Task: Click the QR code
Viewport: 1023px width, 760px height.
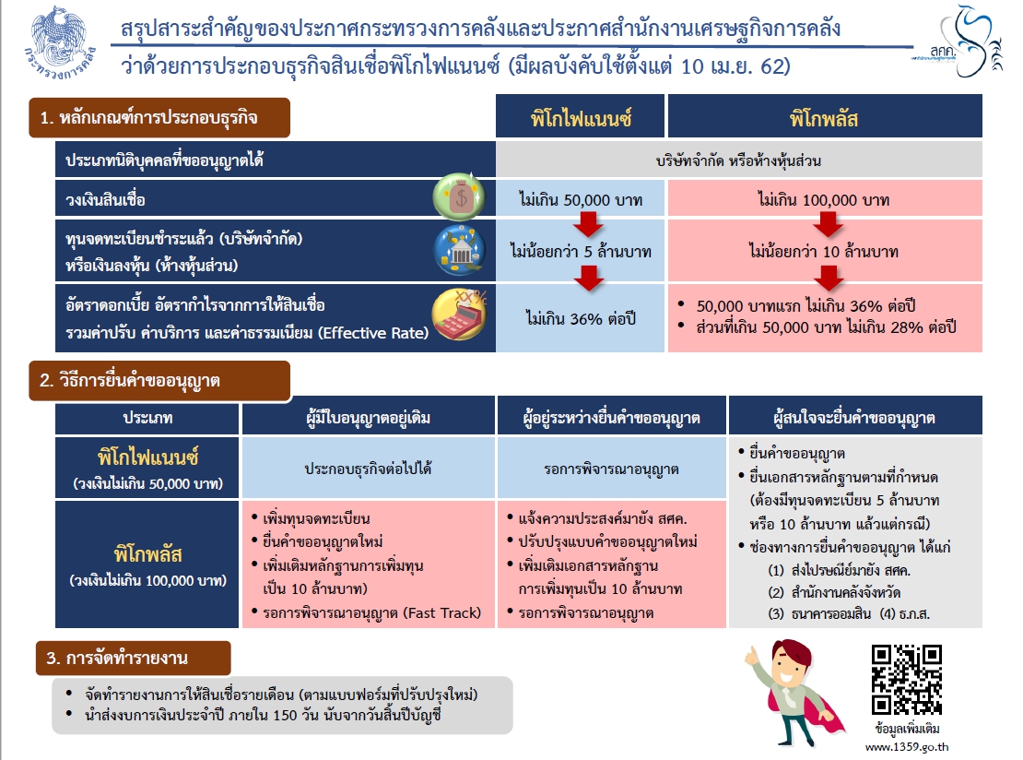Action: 907,680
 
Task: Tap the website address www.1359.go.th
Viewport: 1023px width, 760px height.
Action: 907,745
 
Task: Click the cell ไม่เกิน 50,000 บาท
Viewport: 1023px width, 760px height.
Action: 581,199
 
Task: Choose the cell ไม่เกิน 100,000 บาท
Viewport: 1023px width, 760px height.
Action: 824,199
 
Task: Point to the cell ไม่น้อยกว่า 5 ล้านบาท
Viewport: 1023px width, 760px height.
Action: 581,250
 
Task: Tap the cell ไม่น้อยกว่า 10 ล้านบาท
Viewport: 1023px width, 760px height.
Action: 824,250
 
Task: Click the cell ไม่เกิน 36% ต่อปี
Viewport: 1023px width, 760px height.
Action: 581,319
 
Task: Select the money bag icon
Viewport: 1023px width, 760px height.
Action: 459,196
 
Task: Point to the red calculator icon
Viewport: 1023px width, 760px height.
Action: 458,316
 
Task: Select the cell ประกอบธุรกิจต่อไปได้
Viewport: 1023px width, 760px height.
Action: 368,469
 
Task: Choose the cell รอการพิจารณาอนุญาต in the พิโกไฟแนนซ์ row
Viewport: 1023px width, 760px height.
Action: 611,469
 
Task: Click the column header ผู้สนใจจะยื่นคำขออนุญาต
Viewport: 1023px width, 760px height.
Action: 855,418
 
